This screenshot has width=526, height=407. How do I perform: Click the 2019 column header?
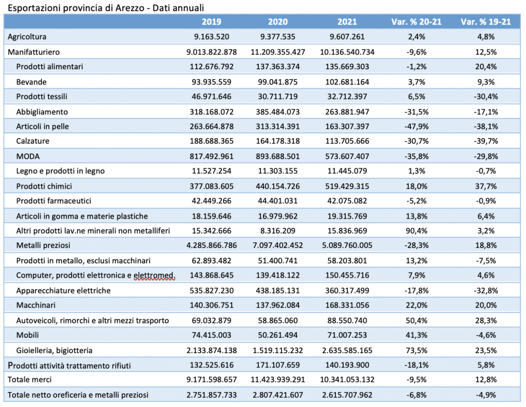pyautogui.click(x=211, y=22)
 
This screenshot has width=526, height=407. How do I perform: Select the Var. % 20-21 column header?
pyautogui.click(x=416, y=22)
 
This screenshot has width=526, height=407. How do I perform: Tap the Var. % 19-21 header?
pyautogui.click(x=486, y=22)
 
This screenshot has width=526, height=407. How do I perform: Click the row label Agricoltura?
pyautogui.click(x=27, y=37)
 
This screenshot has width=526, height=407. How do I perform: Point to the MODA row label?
pyautogui.click(x=28, y=156)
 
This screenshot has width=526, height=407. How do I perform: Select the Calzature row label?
pyautogui.click(x=32, y=141)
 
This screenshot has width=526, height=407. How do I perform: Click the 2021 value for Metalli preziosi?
pyautogui.click(x=347, y=245)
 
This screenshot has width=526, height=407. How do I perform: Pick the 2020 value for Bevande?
pyautogui.click(x=278, y=82)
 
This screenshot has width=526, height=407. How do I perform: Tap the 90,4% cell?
pyautogui.click(x=417, y=230)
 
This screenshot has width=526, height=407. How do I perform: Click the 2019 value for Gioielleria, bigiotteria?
pyautogui.click(x=212, y=351)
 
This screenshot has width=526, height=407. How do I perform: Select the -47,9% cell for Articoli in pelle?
pyautogui.click(x=417, y=126)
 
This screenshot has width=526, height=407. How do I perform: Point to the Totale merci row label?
pyautogui.click(x=29, y=379)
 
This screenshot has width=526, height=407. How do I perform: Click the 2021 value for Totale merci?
pyautogui.click(x=347, y=379)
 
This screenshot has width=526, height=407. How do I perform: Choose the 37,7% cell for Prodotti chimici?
pyautogui.click(x=486, y=186)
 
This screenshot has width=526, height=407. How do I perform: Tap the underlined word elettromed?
pyautogui.click(x=154, y=276)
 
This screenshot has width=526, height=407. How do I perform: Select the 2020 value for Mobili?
pyautogui.click(x=278, y=335)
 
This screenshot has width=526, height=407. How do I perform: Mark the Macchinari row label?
pyautogui.click(x=36, y=305)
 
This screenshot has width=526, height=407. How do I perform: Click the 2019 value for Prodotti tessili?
pyautogui.click(x=212, y=96)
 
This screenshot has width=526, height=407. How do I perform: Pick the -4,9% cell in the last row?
pyautogui.click(x=486, y=395)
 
